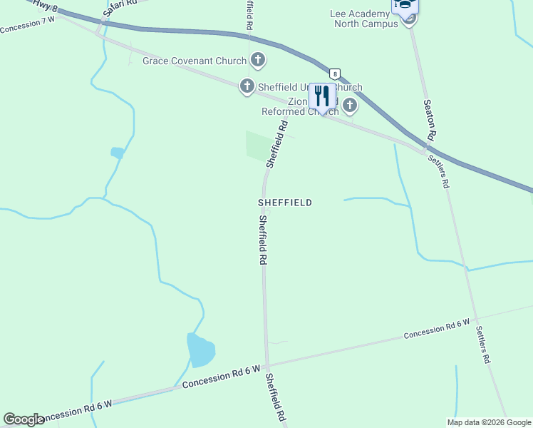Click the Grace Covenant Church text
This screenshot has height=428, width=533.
(194, 61)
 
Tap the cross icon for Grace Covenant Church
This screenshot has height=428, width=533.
(257, 61)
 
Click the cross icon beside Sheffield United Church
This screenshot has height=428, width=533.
(247, 86)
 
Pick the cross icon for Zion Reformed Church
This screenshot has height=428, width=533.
(349, 106)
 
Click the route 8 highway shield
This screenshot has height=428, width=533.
(334, 73)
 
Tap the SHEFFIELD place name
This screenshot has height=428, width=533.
(284, 203)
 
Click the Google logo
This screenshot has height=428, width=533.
(24, 419)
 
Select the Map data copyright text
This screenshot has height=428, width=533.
(489, 422)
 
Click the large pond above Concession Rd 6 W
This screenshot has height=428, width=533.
(200, 349)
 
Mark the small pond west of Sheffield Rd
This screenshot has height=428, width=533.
(117, 153)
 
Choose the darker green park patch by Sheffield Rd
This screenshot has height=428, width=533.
(257, 145)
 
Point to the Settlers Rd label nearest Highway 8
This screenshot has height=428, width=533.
(438, 171)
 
